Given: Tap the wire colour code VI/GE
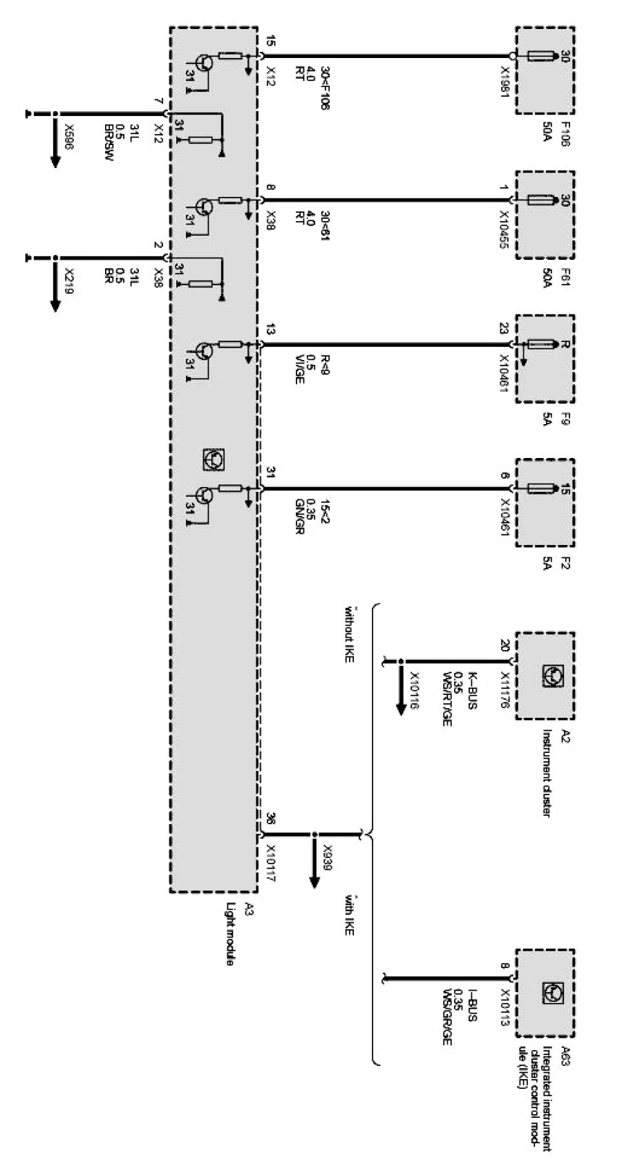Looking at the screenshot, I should click(299, 369).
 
